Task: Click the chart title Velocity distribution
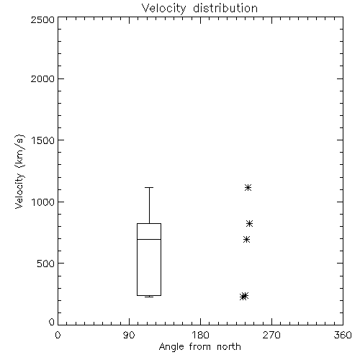pos(199,9)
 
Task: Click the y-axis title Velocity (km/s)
pos(19,171)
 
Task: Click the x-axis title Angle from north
pos(199,347)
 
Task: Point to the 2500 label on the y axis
pos(42,19)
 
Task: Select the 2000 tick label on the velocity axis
pos(42,78)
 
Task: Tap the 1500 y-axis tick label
pos(43,140)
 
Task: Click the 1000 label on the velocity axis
pos(43,202)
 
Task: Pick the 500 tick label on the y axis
pos(46,264)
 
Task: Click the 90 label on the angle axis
pos(129,335)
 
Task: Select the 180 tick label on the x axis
pos(200,335)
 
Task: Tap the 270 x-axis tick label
pos(271,335)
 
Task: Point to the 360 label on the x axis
pos(343,335)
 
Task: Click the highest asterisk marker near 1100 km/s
pos(248,187)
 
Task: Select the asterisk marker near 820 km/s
pos(249,224)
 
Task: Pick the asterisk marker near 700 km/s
pos(246,239)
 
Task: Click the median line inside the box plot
pos(149,239)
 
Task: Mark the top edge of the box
pos(149,224)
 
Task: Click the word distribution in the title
pos(225,9)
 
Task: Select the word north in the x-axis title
pos(229,347)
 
